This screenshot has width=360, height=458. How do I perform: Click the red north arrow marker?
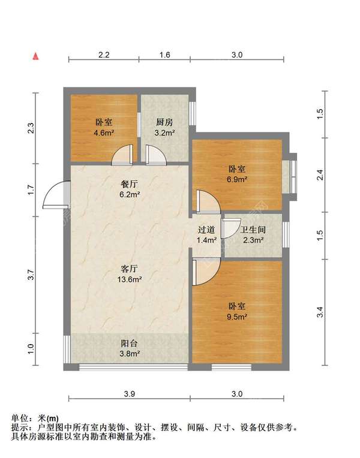pos(35,56)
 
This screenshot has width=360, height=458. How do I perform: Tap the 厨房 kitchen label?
pos(164,122)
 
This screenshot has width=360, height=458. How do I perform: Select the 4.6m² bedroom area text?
pos(104,133)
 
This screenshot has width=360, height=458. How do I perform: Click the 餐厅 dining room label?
pos(130,184)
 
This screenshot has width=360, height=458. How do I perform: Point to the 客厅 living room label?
pos(130,269)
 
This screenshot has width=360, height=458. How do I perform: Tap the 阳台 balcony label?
pos(130,343)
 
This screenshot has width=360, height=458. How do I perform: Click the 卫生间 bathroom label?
pos(253,230)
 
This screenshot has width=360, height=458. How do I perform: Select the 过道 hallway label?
pos(206,230)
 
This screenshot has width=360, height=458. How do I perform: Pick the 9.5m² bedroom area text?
pos(238,317)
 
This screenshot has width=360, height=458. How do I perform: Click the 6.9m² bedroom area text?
pos(238,179)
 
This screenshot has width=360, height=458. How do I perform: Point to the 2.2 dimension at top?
pos(104,55)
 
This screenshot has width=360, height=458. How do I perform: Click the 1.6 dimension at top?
pos(164,55)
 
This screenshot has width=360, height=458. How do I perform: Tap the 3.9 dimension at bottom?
pos(129,394)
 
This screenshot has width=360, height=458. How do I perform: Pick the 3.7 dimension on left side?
pos(31,275)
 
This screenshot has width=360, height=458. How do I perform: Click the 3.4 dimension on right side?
pos(320,312)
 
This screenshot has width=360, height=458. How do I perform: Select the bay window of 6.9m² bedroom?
pos(290,176)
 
